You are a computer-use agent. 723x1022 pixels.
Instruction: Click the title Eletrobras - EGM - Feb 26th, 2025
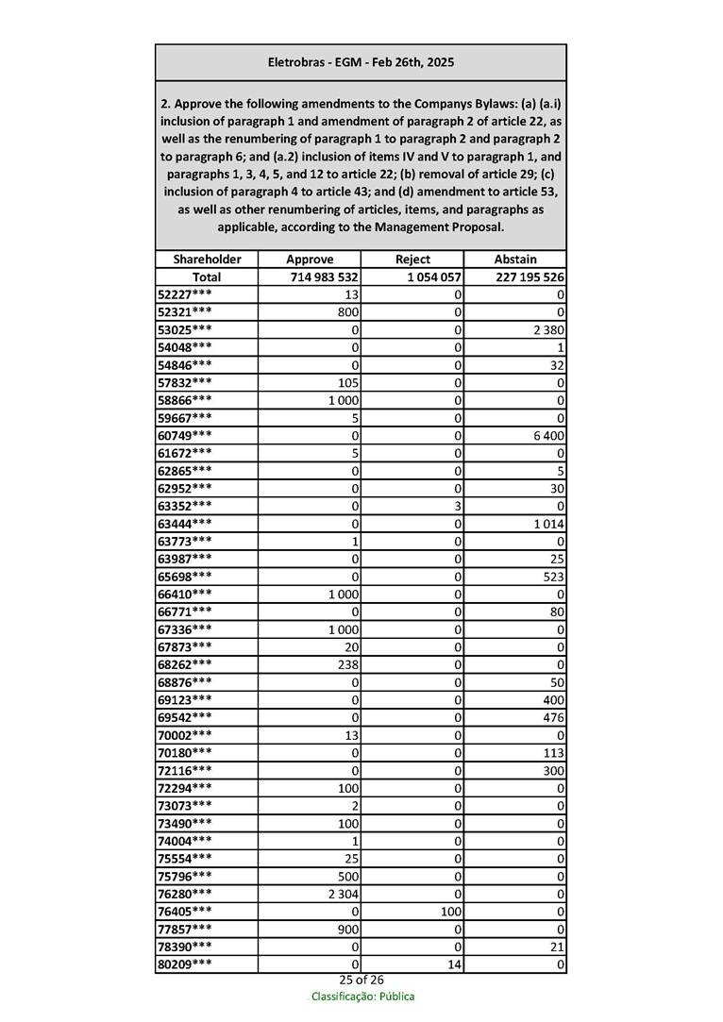[x=361, y=62]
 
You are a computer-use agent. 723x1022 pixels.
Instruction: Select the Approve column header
[x=310, y=260]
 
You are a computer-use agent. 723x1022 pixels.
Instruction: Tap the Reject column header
[x=412, y=260]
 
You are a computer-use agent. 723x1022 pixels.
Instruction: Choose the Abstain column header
[x=515, y=260]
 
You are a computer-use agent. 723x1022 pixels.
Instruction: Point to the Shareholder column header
[x=207, y=260]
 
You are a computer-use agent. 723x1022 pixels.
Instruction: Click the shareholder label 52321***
[x=184, y=312]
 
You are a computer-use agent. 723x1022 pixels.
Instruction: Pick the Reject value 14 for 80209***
[x=453, y=964]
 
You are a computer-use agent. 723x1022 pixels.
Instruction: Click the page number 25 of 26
[x=361, y=980]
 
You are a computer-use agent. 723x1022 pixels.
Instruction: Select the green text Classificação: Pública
[x=362, y=997]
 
